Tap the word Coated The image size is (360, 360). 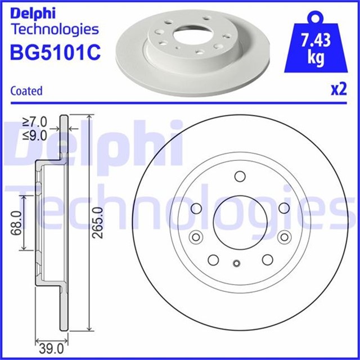click(x=26, y=91)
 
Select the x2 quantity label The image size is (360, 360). click(x=337, y=90)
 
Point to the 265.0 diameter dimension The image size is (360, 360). click(x=99, y=222)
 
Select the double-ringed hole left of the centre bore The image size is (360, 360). click(x=196, y=236)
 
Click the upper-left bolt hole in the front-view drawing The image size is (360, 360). click(x=196, y=209)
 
